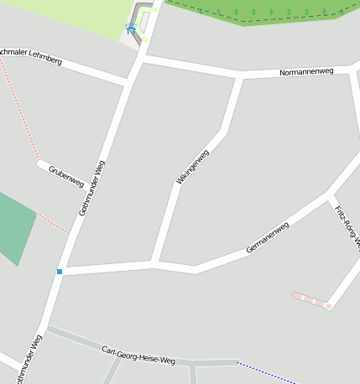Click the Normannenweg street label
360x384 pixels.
coord(305,72)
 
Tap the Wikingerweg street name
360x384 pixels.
coord(192,167)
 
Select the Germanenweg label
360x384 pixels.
coord(268,237)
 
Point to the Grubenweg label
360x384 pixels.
coord(66,176)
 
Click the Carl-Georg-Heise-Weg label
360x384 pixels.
coord(138,355)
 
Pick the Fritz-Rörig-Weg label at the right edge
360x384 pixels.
coord(347,226)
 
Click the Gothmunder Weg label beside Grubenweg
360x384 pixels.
coord(92,188)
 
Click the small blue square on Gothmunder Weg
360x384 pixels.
coord(60,272)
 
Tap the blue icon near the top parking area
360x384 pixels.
coord(131,29)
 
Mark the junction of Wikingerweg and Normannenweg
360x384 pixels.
coord(239,78)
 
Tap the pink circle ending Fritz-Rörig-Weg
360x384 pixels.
coord(329,306)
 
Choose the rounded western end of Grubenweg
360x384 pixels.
coord(40,163)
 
